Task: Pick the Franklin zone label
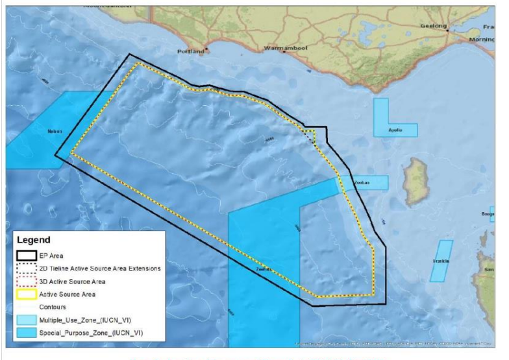[441, 261]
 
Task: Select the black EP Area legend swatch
[26, 255]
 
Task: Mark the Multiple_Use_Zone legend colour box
[26, 319]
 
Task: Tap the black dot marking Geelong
[447, 30]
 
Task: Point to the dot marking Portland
[207, 50]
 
